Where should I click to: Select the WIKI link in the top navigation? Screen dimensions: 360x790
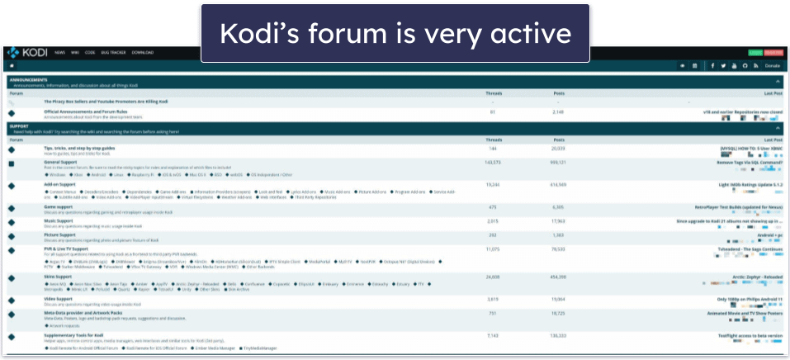[76, 52]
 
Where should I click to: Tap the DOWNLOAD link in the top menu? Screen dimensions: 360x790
[143, 52]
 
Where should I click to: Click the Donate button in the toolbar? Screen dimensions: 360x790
[772, 65]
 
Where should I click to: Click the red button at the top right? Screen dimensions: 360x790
[773, 52]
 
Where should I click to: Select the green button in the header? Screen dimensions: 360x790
[755, 52]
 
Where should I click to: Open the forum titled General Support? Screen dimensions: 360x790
[60, 163]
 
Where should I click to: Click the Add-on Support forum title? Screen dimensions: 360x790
[61, 184]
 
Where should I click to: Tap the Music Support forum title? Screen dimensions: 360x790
[59, 220]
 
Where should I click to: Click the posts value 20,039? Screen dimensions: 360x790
[557, 148]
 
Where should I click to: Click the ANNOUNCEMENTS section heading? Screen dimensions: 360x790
[28, 80]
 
